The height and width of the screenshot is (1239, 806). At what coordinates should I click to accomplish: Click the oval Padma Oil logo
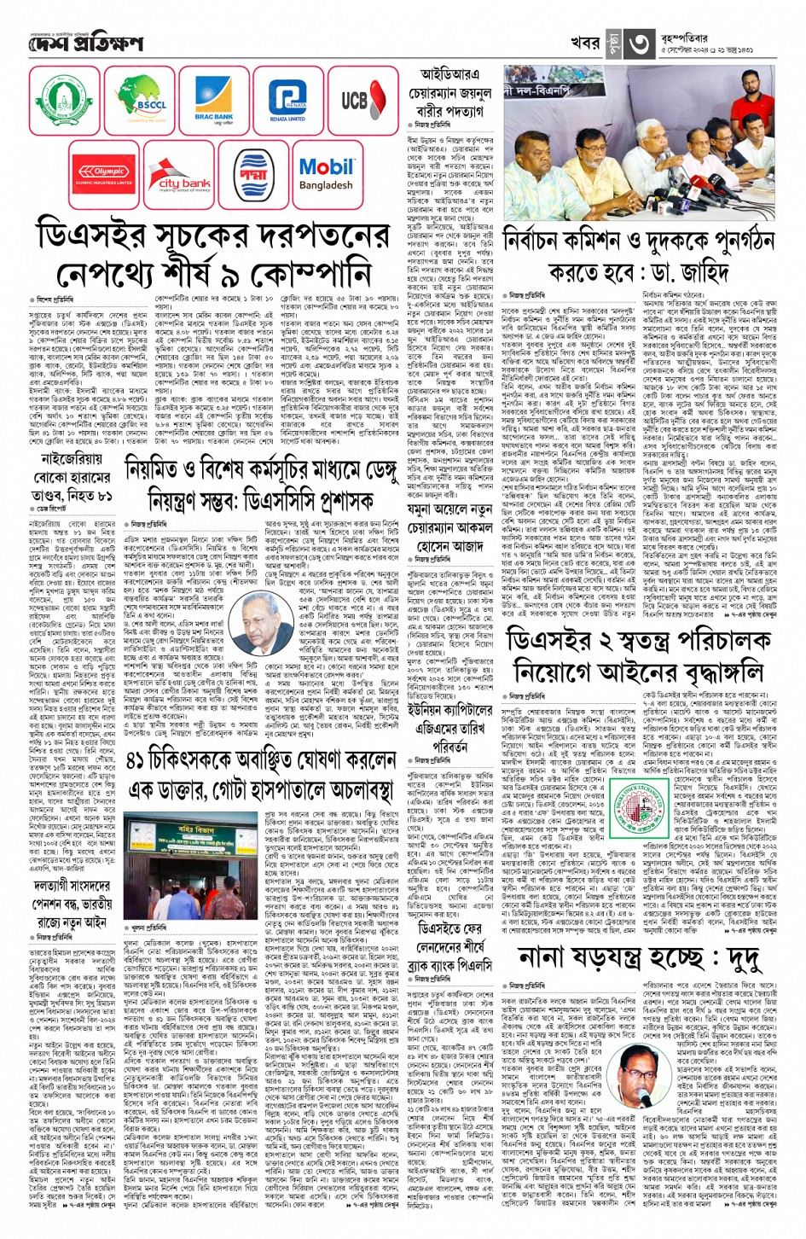(x=253, y=174)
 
